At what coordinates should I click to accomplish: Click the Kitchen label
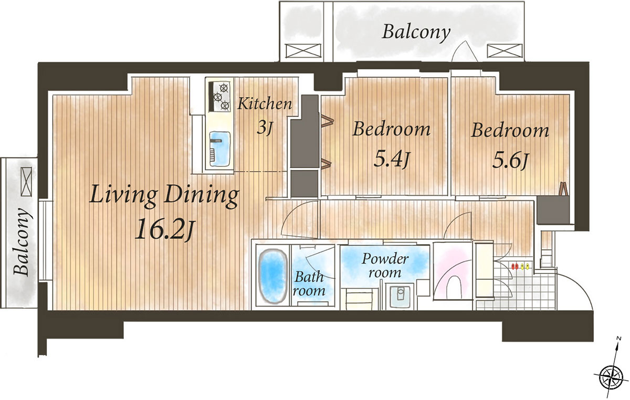(265, 103)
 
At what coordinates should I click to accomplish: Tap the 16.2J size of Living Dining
(164, 230)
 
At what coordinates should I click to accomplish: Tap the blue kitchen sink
(220, 149)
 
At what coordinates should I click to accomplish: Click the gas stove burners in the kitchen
(221, 97)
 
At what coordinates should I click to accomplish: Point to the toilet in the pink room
(454, 287)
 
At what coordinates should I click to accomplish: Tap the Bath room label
(309, 285)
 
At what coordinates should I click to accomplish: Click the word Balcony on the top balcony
(416, 33)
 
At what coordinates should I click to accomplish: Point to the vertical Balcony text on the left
(22, 241)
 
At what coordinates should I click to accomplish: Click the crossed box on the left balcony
(26, 182)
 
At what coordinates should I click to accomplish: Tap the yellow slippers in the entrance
(525, 266)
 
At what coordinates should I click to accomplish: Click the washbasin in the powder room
(400, 296)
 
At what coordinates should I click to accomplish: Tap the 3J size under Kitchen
(265, 128)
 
